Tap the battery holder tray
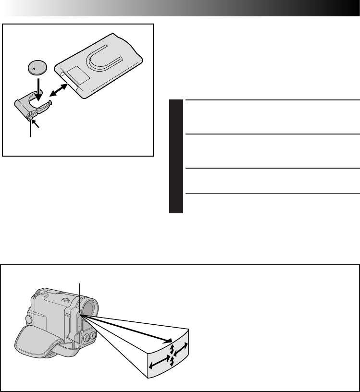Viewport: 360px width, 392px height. [32, 105]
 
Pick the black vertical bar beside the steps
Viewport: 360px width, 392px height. [176, 156]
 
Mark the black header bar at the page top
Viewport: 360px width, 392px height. [192, 8]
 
